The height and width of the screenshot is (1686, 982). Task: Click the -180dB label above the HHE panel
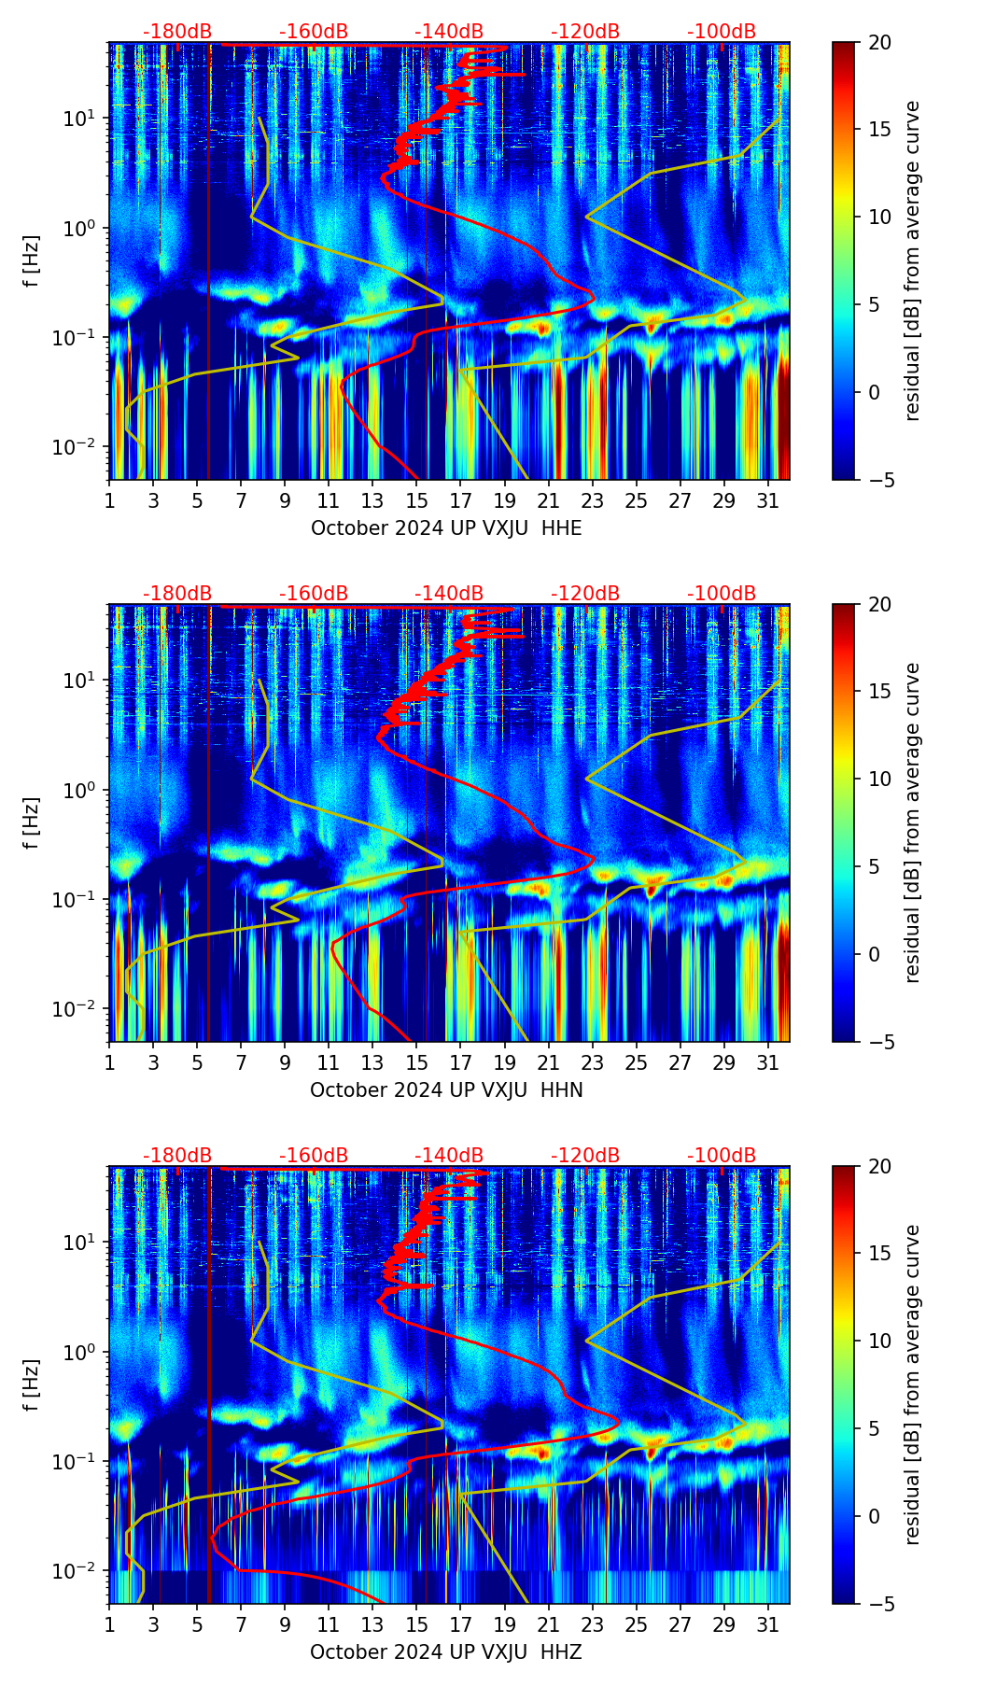point(177,32)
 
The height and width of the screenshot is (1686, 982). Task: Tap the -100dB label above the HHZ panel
point(722,1156)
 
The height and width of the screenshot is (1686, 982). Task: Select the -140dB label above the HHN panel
point(449,594)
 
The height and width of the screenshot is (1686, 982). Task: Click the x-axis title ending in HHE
point(446,528)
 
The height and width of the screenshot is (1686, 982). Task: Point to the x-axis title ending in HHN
point(446,1090)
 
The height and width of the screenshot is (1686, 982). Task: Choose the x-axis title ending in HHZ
point(446,1652)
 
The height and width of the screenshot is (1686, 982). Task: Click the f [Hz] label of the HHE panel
point(32,261)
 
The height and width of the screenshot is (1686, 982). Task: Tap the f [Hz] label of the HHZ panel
point(32,1385)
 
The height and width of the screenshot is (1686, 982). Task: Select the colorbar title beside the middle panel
point(913,822)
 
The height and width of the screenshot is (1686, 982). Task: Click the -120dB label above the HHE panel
point(585,32)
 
